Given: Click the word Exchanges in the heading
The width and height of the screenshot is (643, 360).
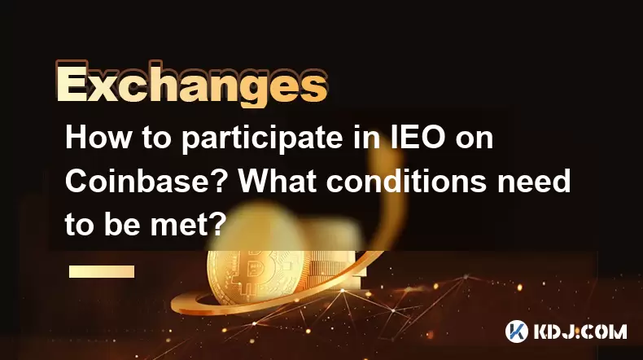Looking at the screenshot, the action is click(x=192, y=85).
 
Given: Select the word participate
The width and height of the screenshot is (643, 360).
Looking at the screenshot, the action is click(x=261, y=139).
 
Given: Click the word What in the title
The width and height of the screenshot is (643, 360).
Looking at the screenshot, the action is click(x=278, y=181).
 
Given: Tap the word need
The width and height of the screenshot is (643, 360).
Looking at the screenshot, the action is click(x=534, y=181).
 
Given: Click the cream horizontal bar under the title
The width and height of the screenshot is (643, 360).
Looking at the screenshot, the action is click(x=102, y=271).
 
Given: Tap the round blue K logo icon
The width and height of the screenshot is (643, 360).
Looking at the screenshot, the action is click(x=516, y=331).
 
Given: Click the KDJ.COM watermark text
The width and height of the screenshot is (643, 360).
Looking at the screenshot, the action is click(x=580, y=331).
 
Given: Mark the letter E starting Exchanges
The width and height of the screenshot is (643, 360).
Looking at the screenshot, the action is click(x=72, y=85).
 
